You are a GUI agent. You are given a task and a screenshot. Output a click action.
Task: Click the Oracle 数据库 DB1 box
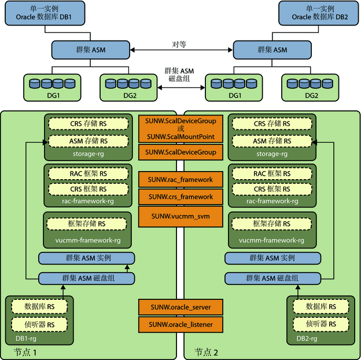[45, 13]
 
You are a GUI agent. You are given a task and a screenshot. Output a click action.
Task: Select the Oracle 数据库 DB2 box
[318, 13]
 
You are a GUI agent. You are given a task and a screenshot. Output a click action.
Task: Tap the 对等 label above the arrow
[179, 44]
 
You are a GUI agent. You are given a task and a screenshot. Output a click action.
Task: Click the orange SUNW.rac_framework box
[181, 180]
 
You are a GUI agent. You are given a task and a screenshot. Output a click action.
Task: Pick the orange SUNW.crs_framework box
[181, 197]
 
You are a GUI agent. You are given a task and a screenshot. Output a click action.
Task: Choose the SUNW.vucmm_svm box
[181, 217]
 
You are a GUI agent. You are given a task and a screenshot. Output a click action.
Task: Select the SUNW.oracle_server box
[181, 307]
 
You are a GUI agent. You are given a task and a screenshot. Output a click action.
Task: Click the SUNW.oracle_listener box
[181, 325]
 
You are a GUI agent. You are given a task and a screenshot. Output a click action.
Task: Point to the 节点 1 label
[25, 352]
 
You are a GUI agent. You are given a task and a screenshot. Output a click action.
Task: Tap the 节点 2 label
[206, 352]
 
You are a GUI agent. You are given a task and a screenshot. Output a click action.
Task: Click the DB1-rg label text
[26, 339]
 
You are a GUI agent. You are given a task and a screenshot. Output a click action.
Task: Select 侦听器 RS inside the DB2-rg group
[321, 324]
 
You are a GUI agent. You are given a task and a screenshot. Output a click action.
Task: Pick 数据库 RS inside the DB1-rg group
[39, 307]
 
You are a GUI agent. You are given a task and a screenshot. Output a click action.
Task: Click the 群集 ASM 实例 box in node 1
[87, 258]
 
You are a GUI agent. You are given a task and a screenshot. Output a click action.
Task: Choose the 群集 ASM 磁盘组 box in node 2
[272, 279]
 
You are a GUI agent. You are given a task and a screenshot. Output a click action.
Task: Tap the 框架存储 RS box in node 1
[87, 224]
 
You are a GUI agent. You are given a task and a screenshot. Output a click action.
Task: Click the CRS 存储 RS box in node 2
[272, 124]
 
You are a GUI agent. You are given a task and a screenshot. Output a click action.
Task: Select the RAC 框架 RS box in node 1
[89, 174]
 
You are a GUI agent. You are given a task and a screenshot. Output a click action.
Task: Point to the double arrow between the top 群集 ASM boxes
[182, 50]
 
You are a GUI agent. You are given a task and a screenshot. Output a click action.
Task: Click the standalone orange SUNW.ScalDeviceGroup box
[181, 153]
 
